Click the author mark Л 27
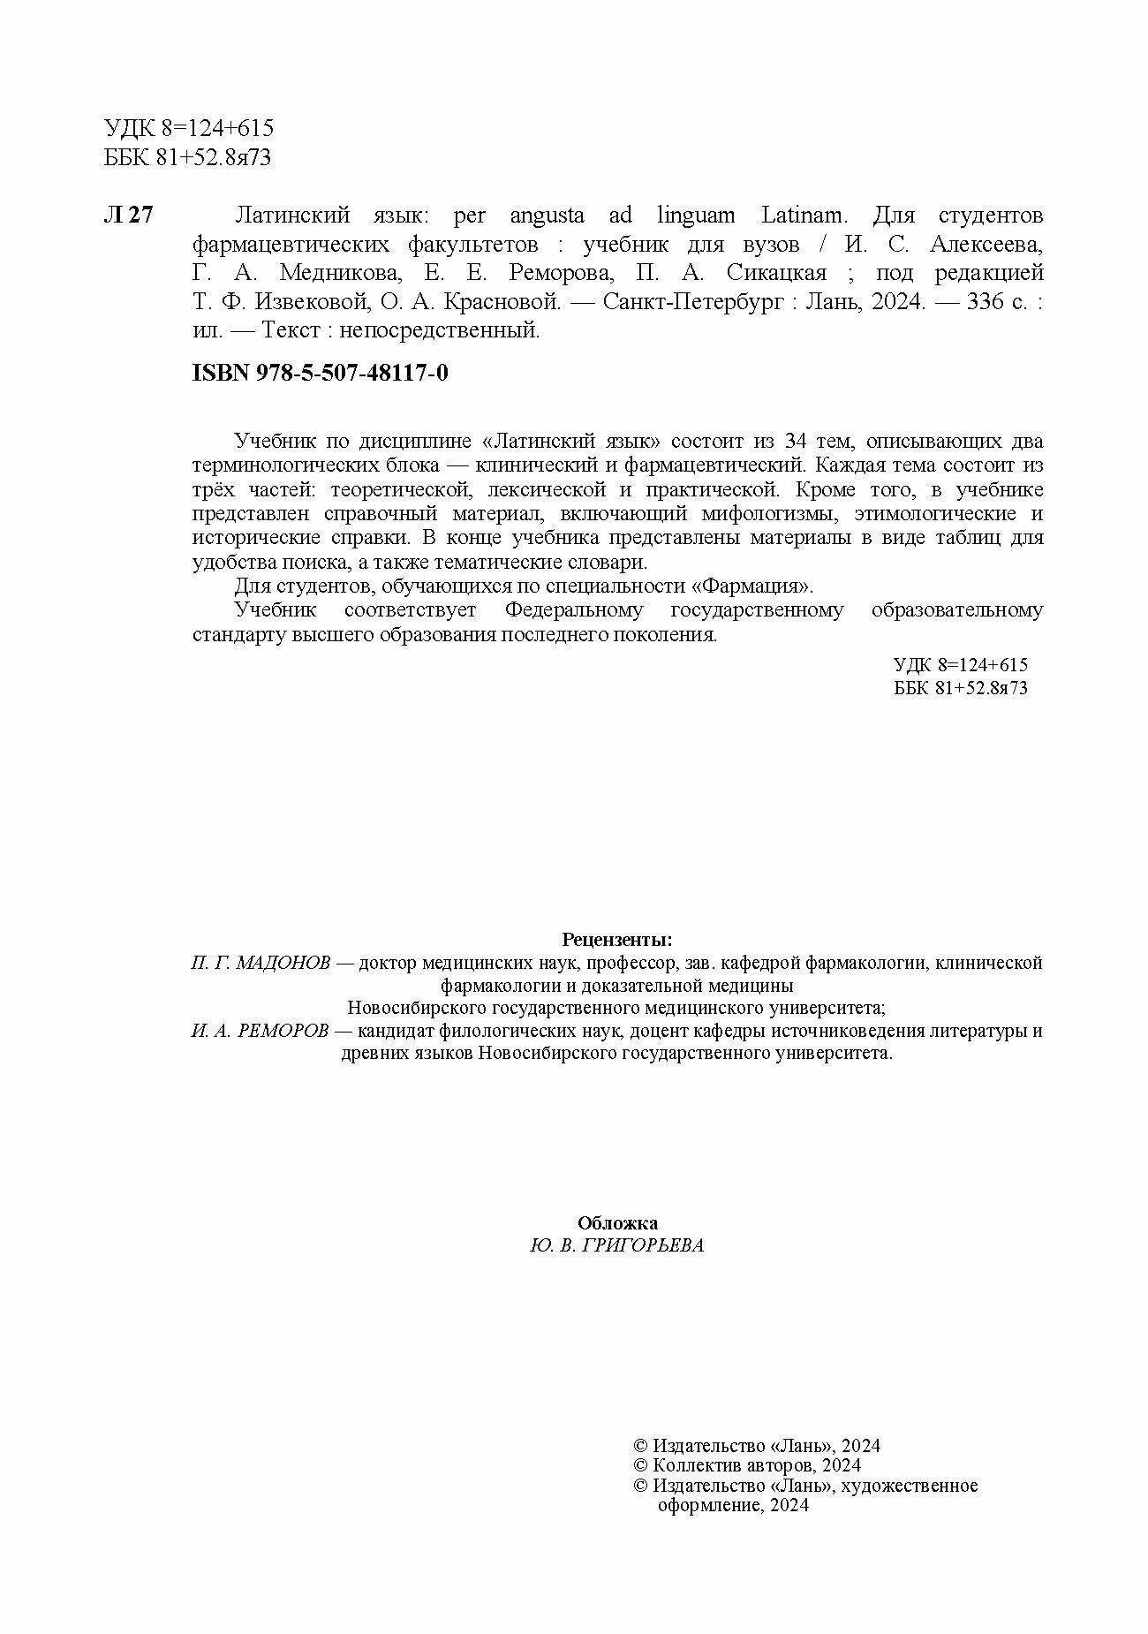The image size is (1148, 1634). click(129, 216)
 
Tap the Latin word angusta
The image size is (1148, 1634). click(547, 216)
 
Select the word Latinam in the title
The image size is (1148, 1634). click(804, 216)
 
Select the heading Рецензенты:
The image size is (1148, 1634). click(617, 939)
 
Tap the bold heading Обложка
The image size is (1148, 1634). click(617, 1223)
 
